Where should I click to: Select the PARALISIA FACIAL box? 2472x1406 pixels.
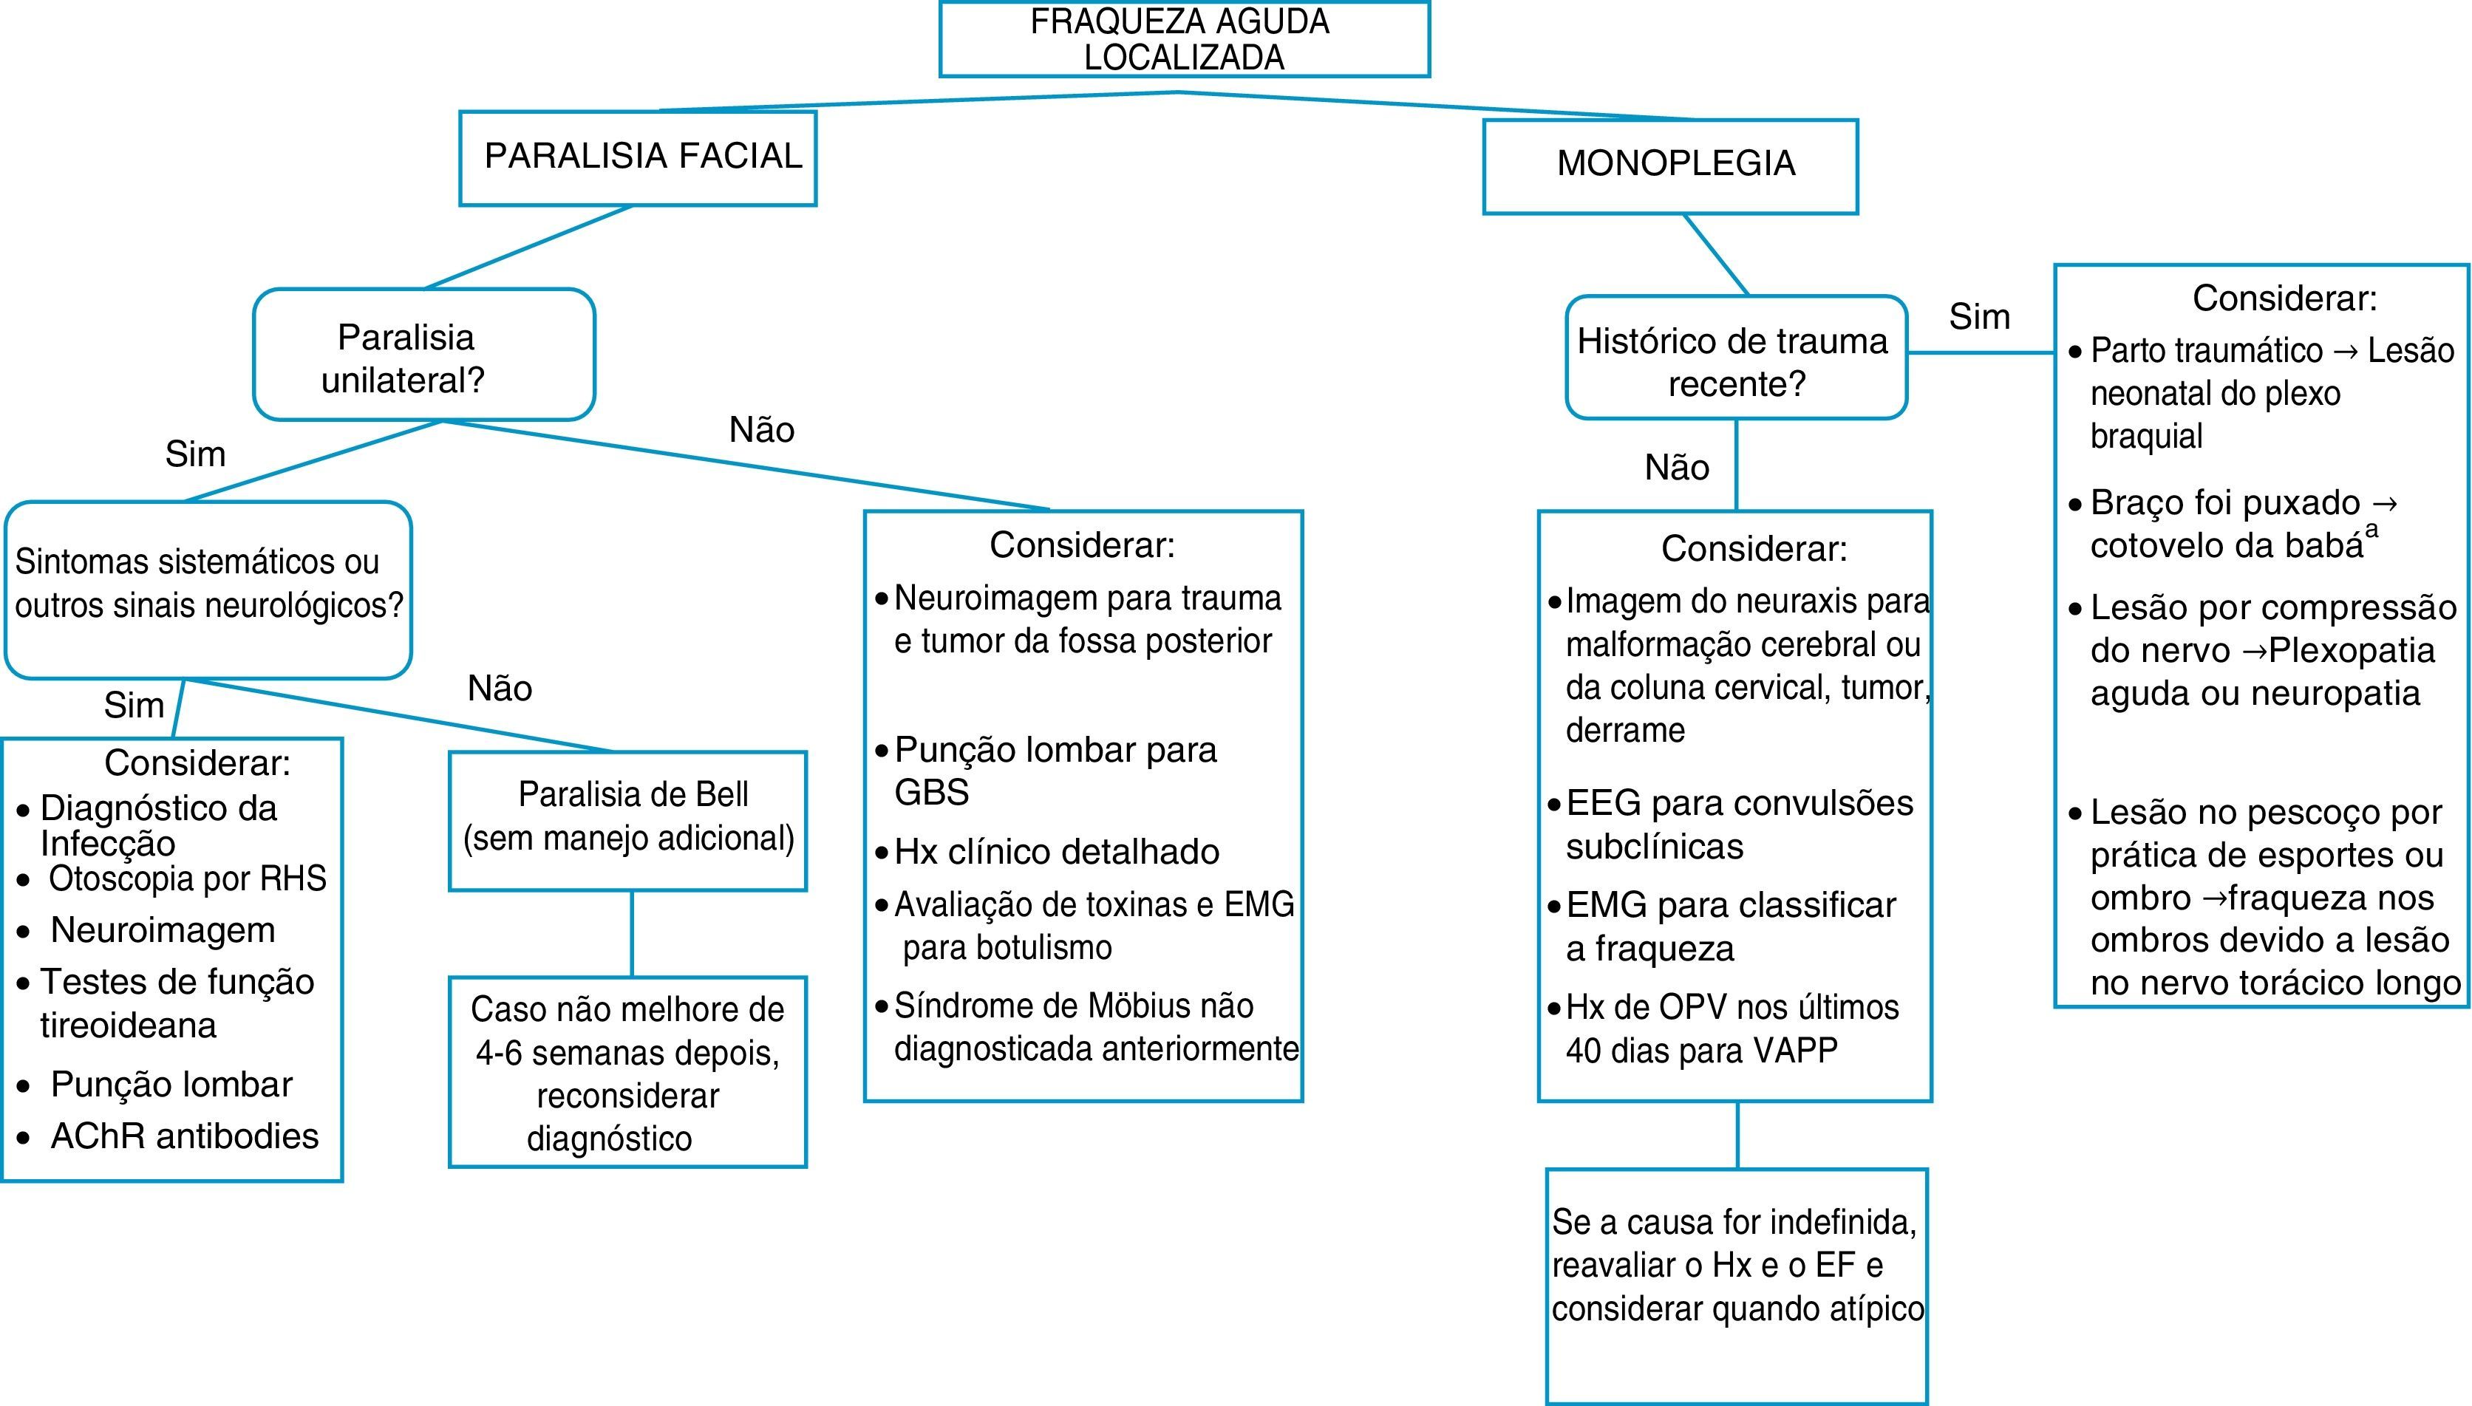click(x=637, y=157)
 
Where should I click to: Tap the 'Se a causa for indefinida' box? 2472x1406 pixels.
click(x=1736, y=1265)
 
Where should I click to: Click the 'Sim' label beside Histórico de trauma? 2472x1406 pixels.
click(x=1978, y=317)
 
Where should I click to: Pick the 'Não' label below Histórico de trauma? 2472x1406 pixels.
click(x=1676, y=468)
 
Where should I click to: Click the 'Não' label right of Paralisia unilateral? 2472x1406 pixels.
click(x=761, y=430)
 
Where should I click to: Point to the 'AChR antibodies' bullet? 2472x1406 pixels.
click(x=183, y=1136)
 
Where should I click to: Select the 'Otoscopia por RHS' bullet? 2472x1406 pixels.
click(x=186, y=878)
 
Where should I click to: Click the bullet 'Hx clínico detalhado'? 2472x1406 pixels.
click(x=1055, y=852)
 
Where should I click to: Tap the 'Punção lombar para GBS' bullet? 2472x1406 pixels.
click(x=1055, y=770)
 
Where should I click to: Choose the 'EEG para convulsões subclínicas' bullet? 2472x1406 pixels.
click(x=1738, y=824)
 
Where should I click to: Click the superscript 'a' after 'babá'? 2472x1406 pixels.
click(x=2371, y=529)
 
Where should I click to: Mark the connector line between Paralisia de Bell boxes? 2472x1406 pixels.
click(x=632, y=933)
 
